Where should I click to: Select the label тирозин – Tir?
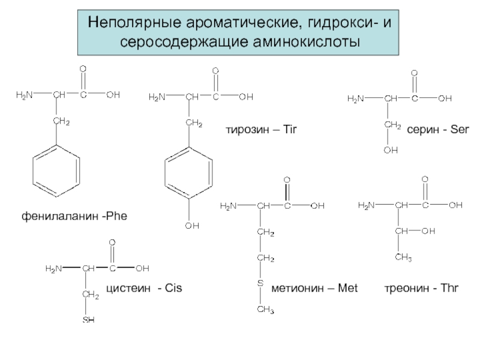[x=262, y=129]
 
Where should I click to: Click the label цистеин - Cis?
[x=144, y=289]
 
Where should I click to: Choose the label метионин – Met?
[x=315, y=289]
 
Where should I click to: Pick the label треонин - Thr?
[x=421, y=289]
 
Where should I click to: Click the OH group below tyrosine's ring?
[x=191, y=226]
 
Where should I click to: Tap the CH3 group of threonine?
[x=403, y=258]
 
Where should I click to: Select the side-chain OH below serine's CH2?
[x=391, y=151]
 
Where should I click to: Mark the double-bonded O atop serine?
[x=413, y=73]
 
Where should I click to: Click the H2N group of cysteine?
[x=54, y=268]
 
